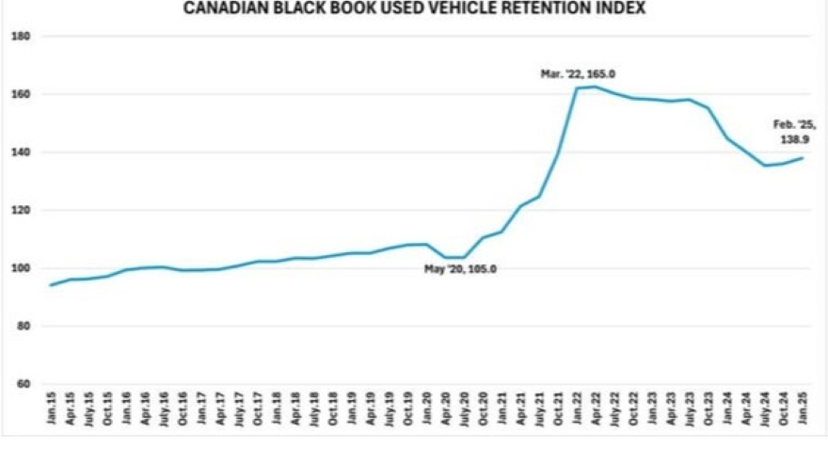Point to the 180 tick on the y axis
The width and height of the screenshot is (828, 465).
pos(22,37)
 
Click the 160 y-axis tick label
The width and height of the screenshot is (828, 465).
pos(22,94)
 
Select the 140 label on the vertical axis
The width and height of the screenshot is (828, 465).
pos(22,152)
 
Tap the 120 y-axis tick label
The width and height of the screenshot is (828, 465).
pos(22,211)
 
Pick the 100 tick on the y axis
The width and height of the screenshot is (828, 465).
pos(22,268)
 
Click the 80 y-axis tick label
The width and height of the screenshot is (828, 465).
pos(24,327)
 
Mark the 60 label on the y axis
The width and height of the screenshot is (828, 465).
pos(24,384)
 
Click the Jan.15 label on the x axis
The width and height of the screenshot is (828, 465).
pos(50,413)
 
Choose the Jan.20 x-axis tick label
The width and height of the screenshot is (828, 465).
pos(426,413)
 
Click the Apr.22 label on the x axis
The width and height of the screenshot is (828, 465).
pos(596,413)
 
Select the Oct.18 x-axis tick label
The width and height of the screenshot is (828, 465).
pos(332,413)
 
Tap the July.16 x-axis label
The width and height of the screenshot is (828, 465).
pos(163,413)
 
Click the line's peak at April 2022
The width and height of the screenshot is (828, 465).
pos(595,87)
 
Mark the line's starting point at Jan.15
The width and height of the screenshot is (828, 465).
pos(50,285)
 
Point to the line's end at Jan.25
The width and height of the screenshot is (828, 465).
pos(803,158)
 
